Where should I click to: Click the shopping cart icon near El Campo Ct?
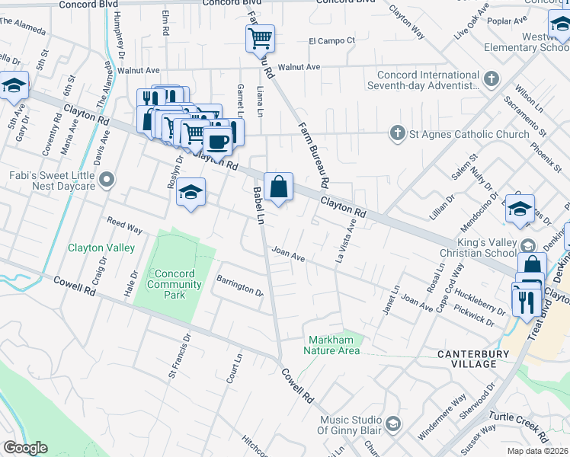260,37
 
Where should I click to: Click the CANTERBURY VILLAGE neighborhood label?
478,360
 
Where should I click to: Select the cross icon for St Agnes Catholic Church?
396,134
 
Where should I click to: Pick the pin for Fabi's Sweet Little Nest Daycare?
107,180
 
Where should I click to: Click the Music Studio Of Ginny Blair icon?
392,423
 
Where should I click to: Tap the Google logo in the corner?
24,448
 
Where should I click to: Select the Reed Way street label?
124,226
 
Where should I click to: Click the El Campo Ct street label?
331,40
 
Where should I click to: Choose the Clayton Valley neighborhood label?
101,248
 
